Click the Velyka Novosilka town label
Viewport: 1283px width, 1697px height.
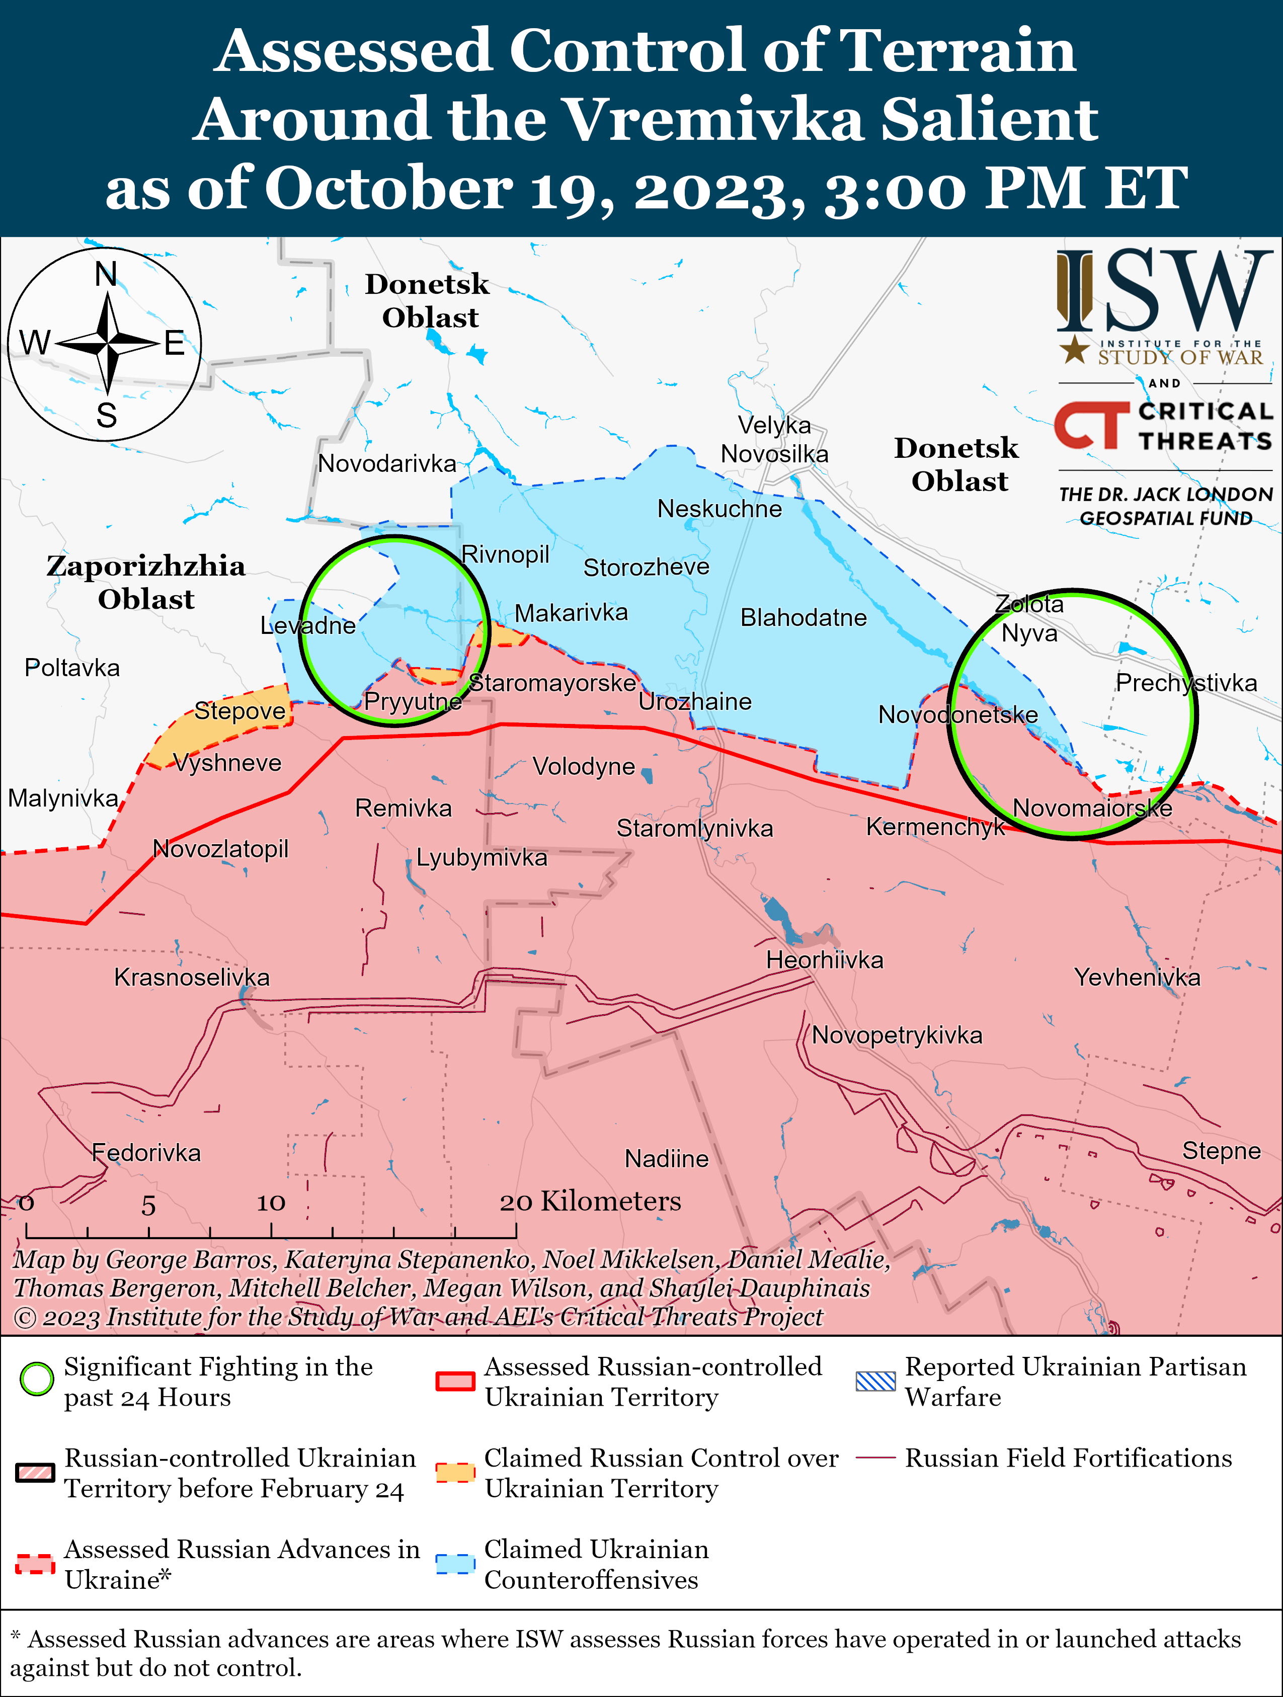click(774, 440)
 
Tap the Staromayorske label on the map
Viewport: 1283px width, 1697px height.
click(552, 683)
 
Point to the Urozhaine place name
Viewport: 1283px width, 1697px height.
click(694, 701)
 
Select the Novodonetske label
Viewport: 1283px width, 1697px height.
click(957, 714)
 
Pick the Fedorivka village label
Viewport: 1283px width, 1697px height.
click(146, 1152)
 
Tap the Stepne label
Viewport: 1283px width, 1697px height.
click(1221, 1150)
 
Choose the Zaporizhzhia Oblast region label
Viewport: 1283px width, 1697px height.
click(146, 582)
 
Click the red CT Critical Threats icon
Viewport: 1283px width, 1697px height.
click(1091, 425)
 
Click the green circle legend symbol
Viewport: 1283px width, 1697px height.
click(36, 1379)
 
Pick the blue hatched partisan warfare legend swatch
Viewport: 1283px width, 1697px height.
click(875, 1381)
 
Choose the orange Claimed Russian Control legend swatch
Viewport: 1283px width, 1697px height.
click(455, 1472)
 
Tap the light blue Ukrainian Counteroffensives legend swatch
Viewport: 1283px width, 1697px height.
click(455, 1564)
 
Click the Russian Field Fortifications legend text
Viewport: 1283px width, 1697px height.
click(1068, 1458)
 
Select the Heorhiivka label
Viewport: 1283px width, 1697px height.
click(825, 960)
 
